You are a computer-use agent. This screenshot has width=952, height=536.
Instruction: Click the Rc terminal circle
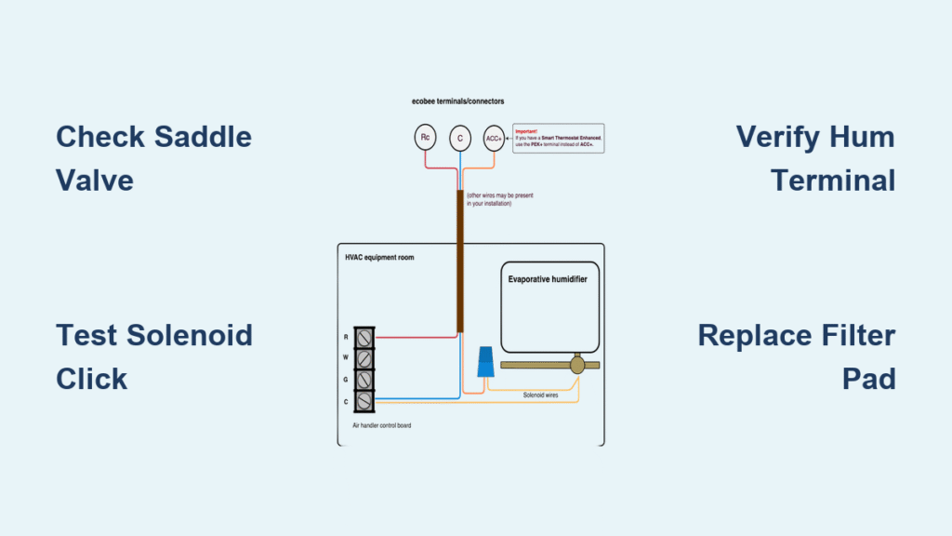pos(425,138)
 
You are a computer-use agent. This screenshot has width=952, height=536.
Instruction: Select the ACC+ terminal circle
pos(494,139)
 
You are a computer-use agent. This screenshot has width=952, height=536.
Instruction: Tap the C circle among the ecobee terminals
pos(459,139)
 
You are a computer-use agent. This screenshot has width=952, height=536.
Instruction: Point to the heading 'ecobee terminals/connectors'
pos(457,100)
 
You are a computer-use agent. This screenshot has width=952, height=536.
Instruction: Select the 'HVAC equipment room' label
pos(379,257)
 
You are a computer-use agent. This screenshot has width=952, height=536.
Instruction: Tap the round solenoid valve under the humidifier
pos(577,365)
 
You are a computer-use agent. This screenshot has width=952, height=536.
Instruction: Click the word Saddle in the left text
pos(205,137)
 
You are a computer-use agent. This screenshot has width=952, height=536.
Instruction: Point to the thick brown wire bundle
pos(459,261)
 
